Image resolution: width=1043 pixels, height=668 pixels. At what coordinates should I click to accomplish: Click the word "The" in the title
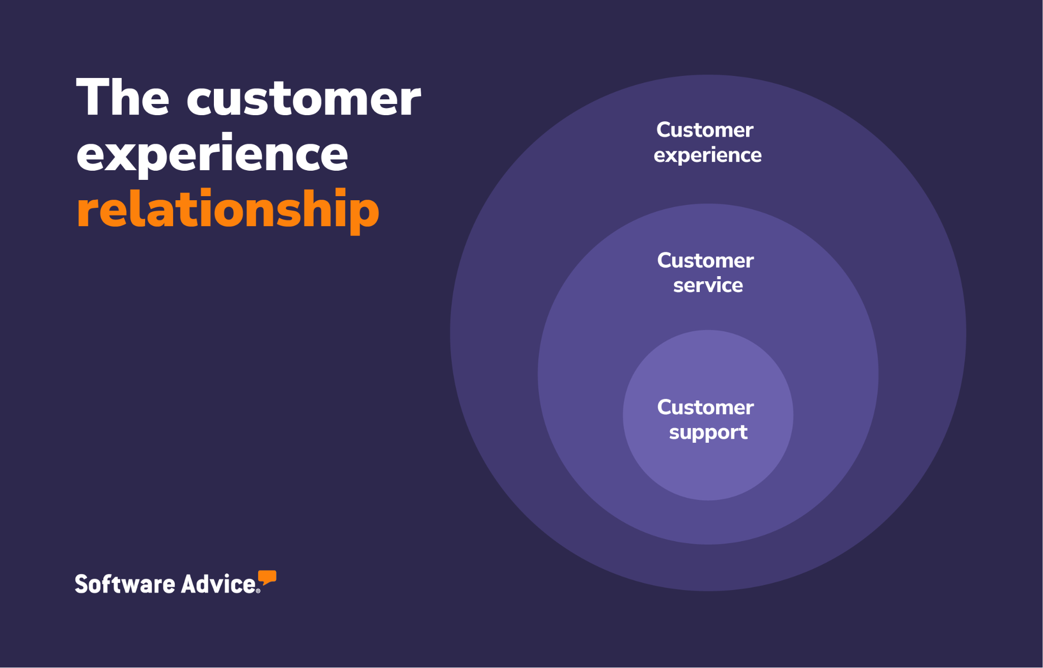click(123, 98)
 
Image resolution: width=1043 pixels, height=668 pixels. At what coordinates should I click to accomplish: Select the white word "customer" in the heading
click(304, 99)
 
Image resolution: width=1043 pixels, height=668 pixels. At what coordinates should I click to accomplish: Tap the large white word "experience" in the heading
click(212, 155)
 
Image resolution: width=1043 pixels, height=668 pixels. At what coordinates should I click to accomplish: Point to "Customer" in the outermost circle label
click(705, 130)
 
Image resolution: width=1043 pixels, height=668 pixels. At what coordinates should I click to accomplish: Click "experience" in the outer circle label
click(707, 155)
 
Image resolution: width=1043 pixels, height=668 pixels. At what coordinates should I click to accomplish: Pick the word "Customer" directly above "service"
click(705, 260)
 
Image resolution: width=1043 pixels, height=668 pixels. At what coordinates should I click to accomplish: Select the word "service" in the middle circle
click(708, 285)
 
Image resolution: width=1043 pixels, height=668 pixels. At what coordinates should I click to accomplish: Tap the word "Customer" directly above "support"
click(705, 407)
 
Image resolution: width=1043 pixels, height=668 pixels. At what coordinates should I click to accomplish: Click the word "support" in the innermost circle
click(708, 433)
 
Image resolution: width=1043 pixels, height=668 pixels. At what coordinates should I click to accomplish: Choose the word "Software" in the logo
click(125, 584)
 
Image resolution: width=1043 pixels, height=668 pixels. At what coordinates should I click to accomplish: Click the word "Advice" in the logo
click(218, 584)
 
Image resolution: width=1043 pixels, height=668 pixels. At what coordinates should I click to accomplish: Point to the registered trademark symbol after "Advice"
click(258, 591)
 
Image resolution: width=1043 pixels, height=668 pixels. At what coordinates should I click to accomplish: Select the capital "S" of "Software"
click(81, 584)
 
